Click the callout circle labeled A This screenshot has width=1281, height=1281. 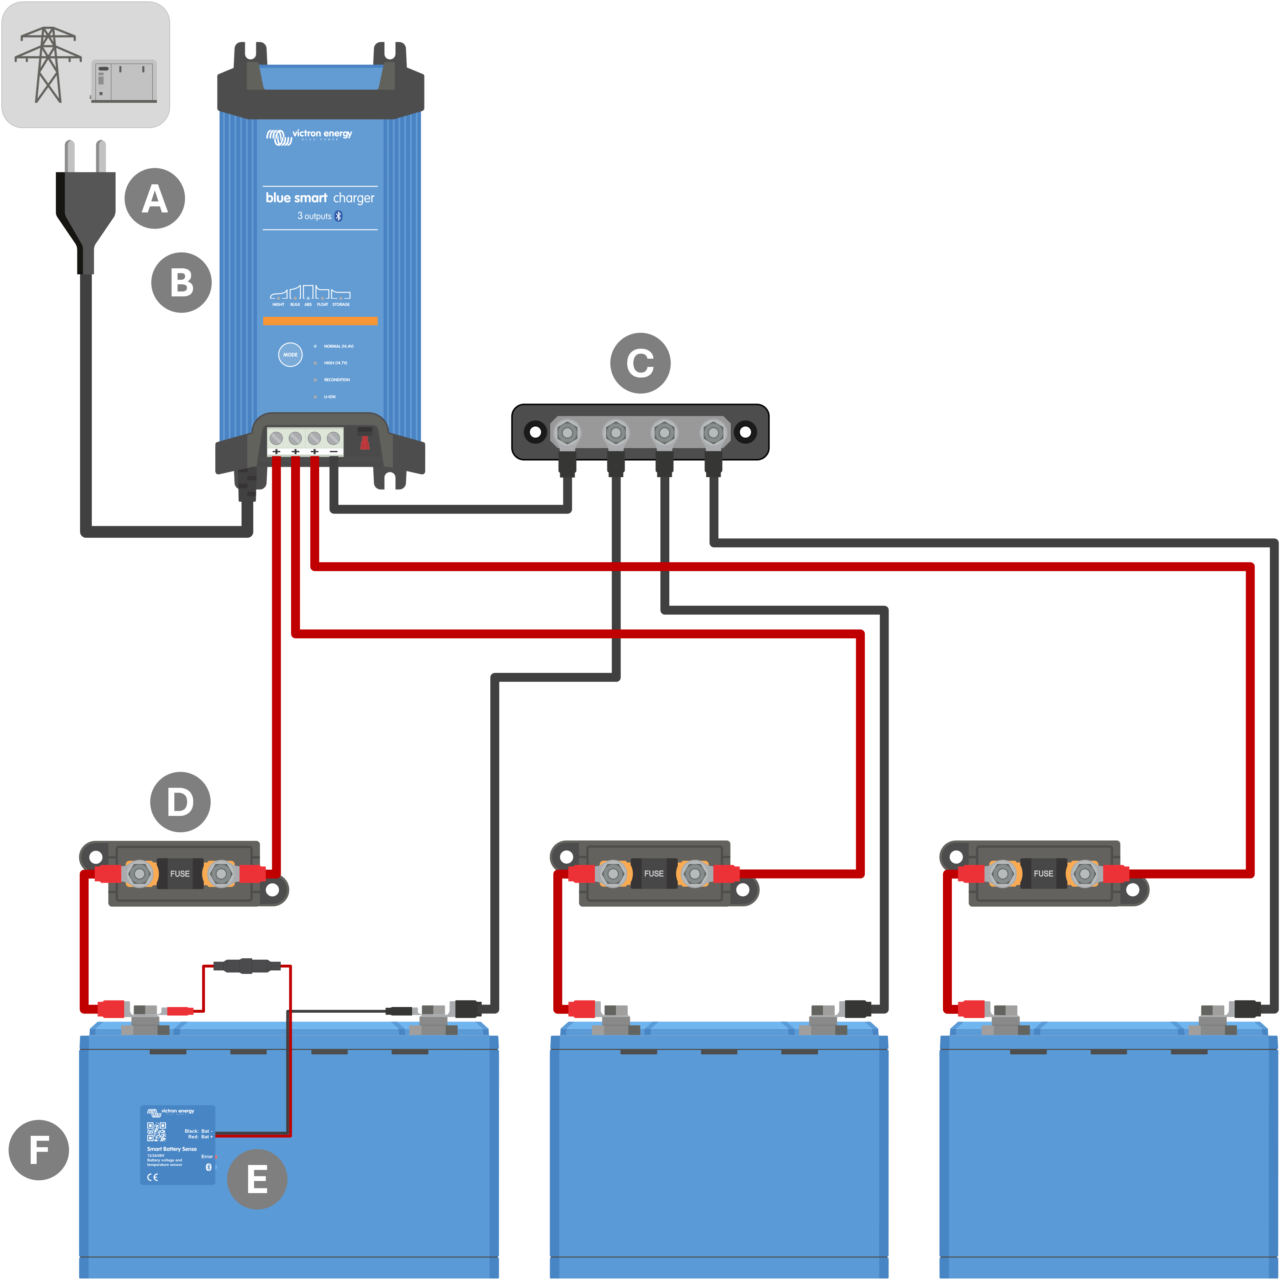(154, 198)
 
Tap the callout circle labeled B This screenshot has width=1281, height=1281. (181, 283)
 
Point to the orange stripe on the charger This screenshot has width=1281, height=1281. (320, 321)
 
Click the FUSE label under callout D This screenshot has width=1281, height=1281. (180, 874)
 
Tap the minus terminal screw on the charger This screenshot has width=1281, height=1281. (333, 438)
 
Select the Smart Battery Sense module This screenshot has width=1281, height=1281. (178, 1145)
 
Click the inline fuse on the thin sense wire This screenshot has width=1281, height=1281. (247, 966)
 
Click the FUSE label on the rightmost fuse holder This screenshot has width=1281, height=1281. (1043, 874)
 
